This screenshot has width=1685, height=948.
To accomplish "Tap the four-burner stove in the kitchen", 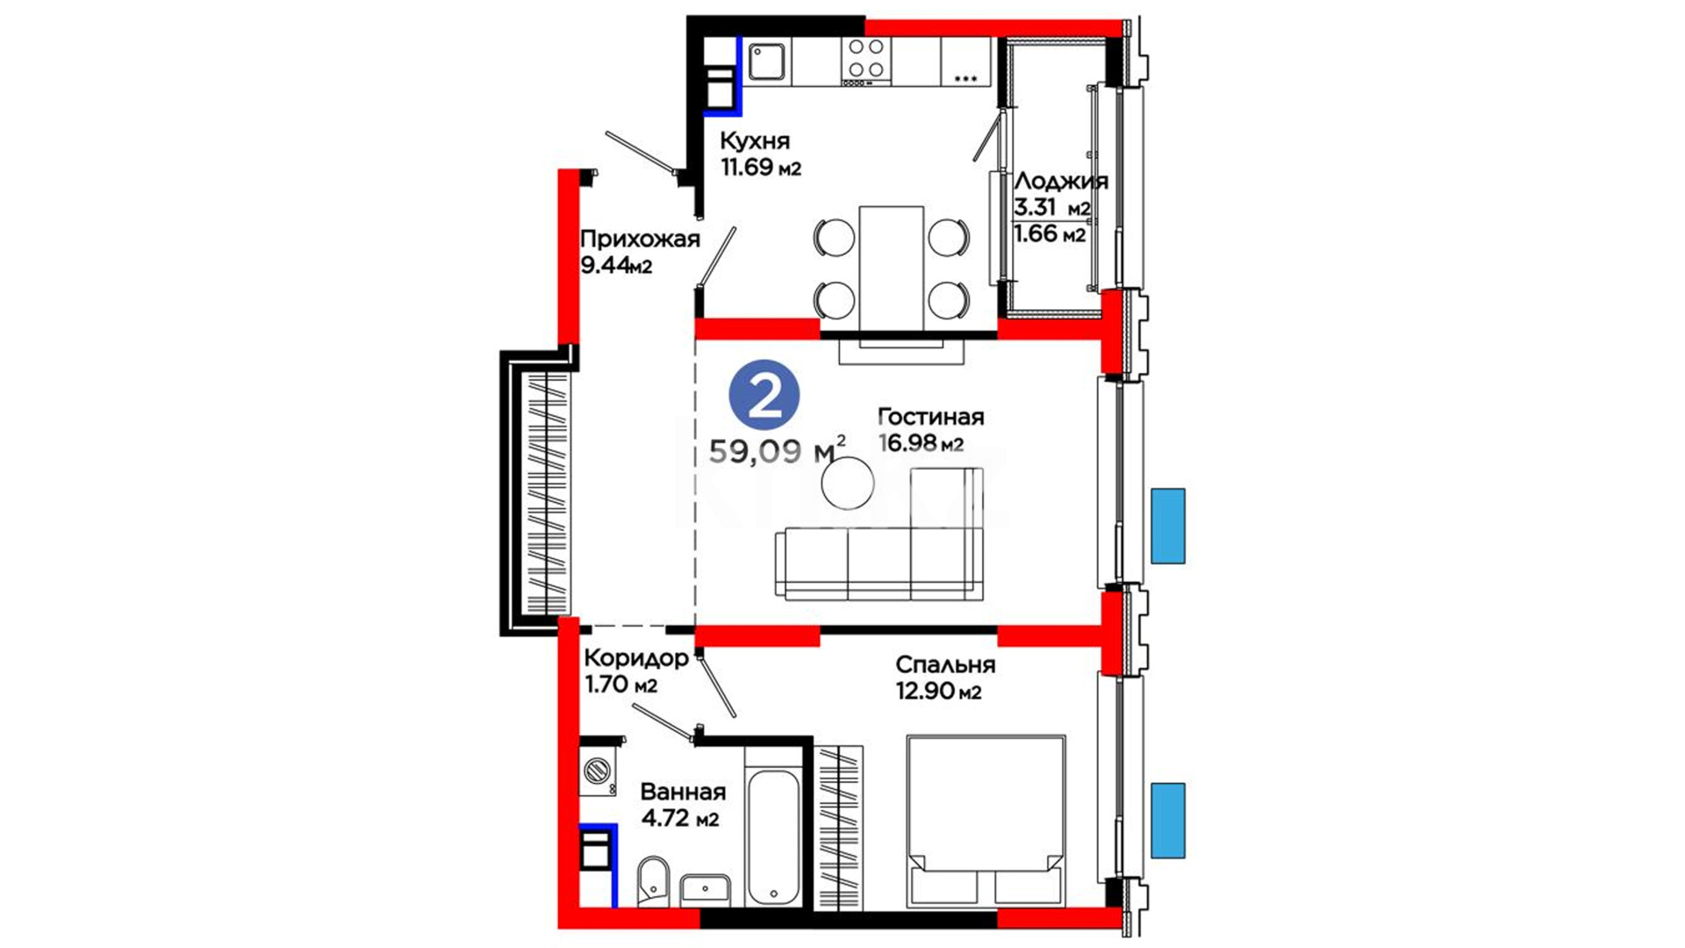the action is [866, 61].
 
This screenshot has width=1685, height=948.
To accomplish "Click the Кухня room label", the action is [755, 140].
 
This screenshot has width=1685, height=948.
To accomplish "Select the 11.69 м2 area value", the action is [761, 167].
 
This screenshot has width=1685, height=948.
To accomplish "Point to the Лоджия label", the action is [1061, 182].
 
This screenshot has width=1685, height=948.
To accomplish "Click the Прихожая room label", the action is [640, 239].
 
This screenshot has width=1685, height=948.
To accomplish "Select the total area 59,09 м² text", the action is [778, 450].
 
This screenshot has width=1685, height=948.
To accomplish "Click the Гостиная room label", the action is [931, 417].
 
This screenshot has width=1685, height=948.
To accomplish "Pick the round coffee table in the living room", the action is [848, 484].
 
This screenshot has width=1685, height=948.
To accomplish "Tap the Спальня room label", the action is [945, 664].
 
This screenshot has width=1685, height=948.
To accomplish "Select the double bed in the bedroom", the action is [986, 821].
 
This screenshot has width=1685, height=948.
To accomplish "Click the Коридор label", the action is [636, 657].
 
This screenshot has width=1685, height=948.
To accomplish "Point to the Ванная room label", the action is [683, 792].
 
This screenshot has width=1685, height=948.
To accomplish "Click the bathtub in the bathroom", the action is [772, 838].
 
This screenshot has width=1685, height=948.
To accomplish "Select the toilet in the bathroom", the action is [653, 880].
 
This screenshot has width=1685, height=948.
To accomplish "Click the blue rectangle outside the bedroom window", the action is [1168, 820].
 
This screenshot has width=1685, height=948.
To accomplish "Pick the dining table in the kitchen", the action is [892, 268].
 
